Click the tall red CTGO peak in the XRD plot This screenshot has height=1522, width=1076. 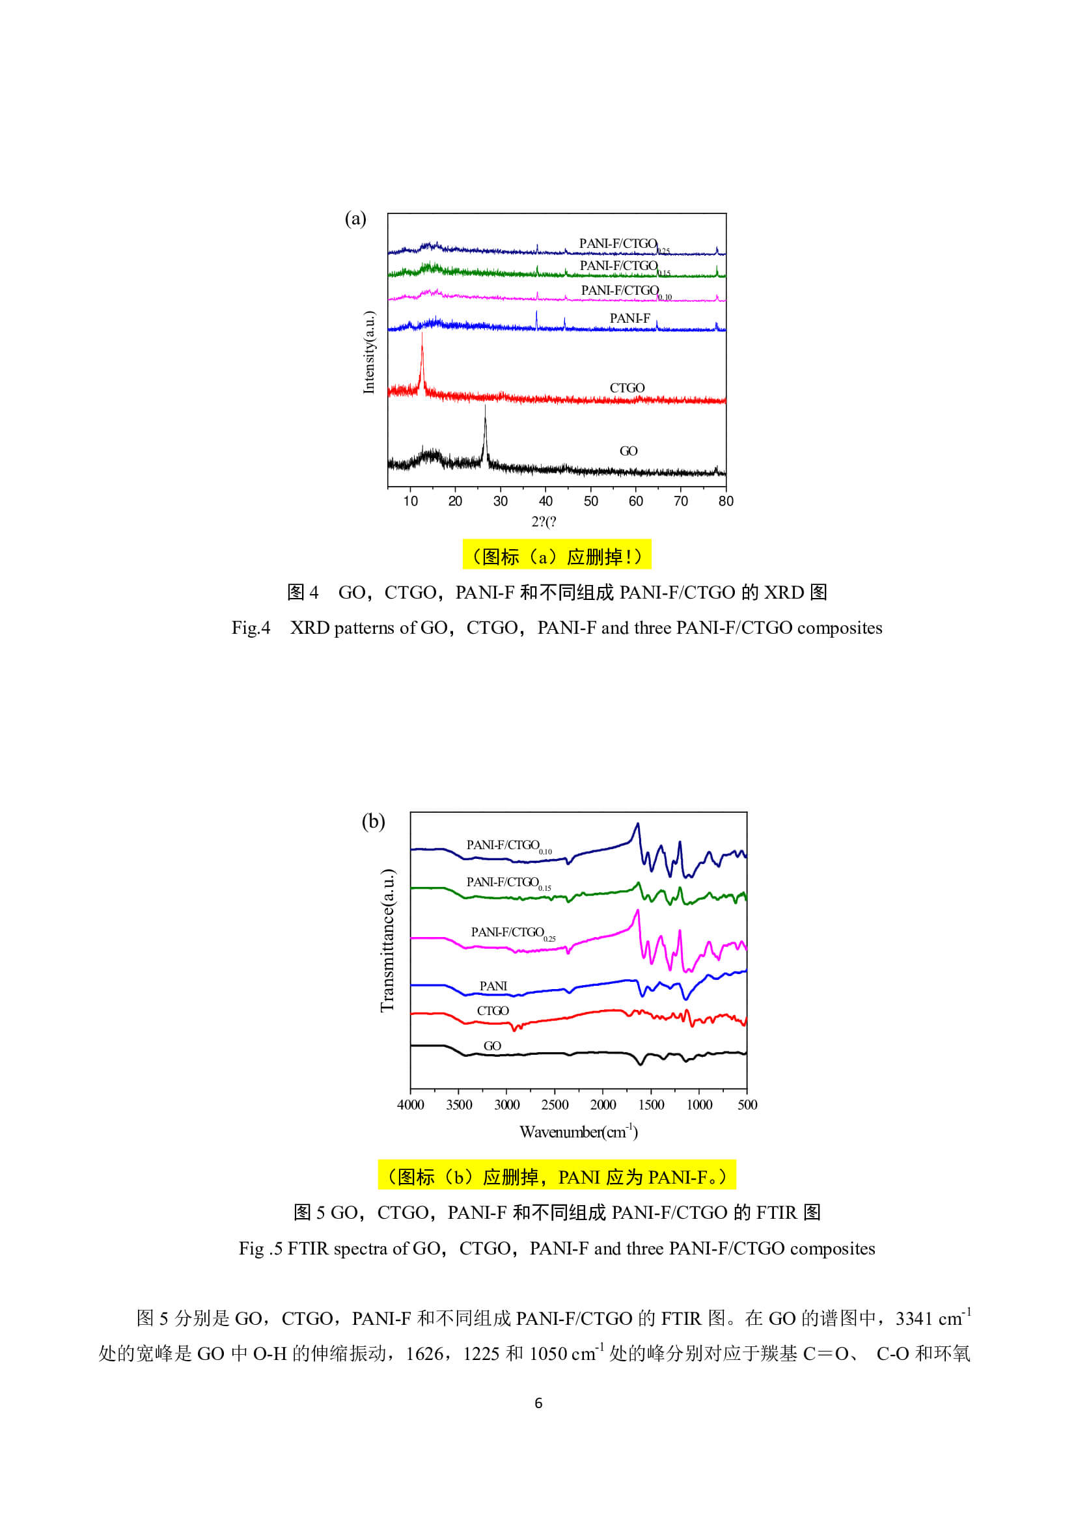422,358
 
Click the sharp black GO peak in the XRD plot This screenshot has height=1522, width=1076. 486,431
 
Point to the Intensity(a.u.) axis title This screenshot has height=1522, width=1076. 369,352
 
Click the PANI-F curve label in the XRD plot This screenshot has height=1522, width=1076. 630,319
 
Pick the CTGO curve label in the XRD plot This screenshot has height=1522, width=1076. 627,388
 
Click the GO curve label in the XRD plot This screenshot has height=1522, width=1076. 629,452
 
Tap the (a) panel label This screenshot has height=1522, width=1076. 355,219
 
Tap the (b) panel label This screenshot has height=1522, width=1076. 373,821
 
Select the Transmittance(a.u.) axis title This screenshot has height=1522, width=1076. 387,942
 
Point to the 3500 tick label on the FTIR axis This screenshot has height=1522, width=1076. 459,1105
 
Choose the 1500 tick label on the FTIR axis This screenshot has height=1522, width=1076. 651,1105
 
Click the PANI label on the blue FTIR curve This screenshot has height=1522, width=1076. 493,986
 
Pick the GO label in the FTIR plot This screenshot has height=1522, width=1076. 492,1046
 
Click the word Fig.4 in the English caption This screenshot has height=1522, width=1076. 251,628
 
